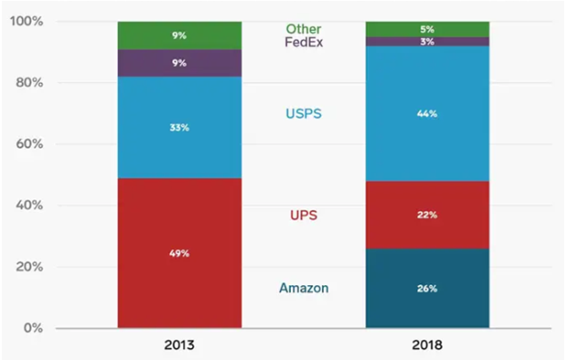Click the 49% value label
[x=180, y=254]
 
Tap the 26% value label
[x=427, y=289]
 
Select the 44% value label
[x=427, y=114]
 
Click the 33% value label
[x=180, y=127]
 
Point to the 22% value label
[x=427, y=215]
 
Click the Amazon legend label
[x=303, y=288]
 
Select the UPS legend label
[x=303, y=215]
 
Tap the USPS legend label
[x=303, y=114]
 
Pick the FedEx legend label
[x=303, y=42]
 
